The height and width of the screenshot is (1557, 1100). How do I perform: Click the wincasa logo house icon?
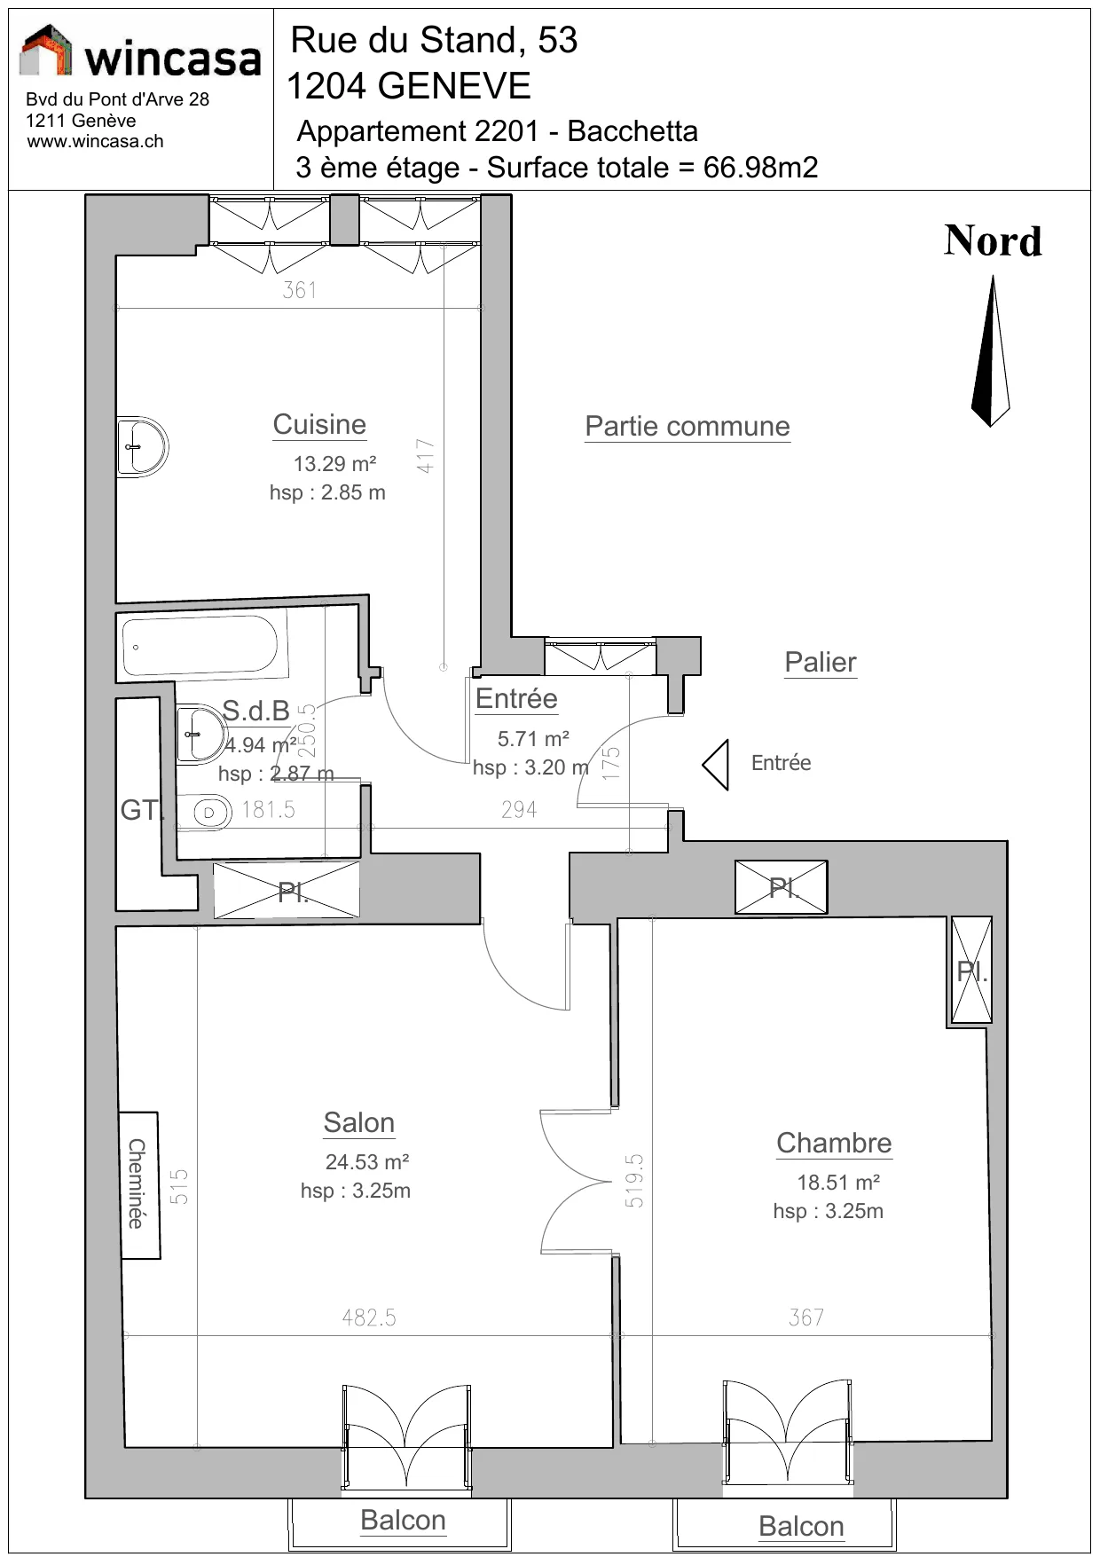click(x=45, y=50)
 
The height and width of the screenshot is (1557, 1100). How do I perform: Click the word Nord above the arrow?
click(x=993, y=241)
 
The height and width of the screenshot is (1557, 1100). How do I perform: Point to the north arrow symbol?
click(x=991, y=350)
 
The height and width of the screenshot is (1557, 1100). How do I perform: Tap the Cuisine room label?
click(x=319, y=425)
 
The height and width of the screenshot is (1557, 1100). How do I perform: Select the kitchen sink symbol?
click(x=142, y=446)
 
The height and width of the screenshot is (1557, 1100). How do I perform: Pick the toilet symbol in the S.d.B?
click(x=203, y=812)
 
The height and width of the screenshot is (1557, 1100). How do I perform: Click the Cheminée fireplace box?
click(x=139, y=1185)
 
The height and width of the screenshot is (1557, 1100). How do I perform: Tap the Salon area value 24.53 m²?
click(x=367, y=1162)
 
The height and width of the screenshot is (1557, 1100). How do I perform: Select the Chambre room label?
click(x=834, y=1144)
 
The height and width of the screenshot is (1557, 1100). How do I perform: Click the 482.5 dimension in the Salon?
click(x=369, y=1318)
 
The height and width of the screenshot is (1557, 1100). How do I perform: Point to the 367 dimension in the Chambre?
click(x=806, y=1318)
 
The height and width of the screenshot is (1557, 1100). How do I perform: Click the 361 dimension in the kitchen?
click(x=300, y=290)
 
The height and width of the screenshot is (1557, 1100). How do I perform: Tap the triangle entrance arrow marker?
click(x=716, y=765)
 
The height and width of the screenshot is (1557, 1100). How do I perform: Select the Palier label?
click(x=821, y=663)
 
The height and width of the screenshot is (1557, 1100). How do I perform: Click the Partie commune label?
click(x=687, y=427)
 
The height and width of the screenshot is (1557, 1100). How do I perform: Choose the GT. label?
click(x=142, y=810)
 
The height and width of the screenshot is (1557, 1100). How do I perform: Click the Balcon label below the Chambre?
click(x=801, y=1527)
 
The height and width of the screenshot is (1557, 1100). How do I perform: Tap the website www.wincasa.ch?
click(x=95, y=141)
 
